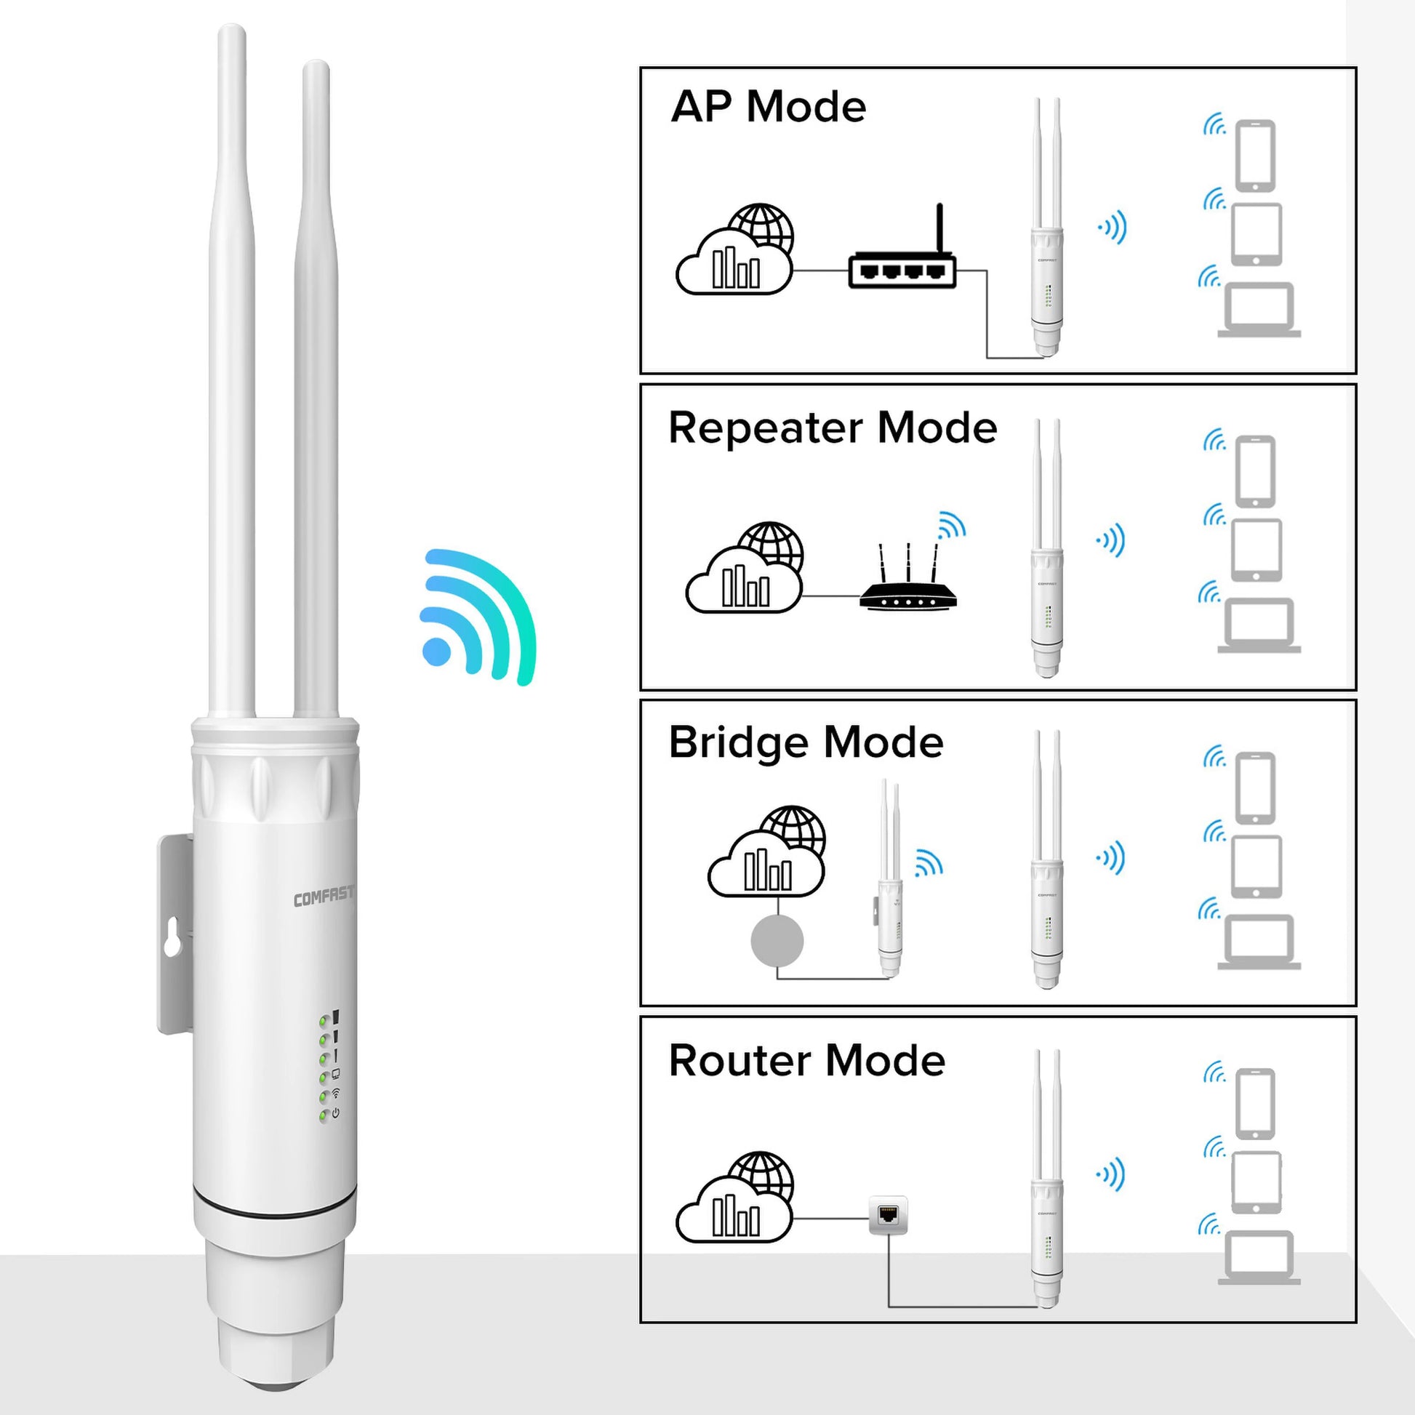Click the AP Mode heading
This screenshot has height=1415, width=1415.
(768, 107)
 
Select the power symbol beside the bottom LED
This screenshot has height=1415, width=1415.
(336, 1113)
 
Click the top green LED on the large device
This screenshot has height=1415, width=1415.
(323, 1020)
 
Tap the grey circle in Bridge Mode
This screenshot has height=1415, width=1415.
(777, 941)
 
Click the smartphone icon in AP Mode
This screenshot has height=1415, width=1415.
(1255, 156)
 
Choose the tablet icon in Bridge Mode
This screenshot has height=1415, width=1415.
(1256, 866)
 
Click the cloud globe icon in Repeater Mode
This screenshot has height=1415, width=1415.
(744, 570)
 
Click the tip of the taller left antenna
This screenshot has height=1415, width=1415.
(231, 33)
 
